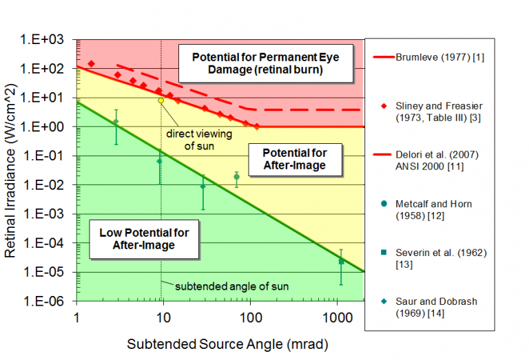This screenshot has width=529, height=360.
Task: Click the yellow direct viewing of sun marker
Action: (x=160, y=100)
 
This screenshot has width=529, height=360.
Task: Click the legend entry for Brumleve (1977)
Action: (x=438, y=57)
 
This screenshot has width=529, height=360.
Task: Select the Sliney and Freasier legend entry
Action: (x=438, y=112)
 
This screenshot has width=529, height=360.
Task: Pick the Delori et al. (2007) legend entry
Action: (x=438, y=159)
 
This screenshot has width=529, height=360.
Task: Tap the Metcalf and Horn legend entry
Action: (x=438, y=209)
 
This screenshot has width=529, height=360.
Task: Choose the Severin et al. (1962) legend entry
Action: (x=438, y=258)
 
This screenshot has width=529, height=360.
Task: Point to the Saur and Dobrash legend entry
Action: (x=438, y=307)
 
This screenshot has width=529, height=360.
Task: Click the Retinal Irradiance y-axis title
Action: (x=12, y=169)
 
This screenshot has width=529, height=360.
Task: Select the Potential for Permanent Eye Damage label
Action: (x=265, y=62)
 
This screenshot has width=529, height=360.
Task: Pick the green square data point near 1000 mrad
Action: (x=341, y=261)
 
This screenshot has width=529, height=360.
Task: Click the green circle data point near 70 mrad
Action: (x=236, y=177)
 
